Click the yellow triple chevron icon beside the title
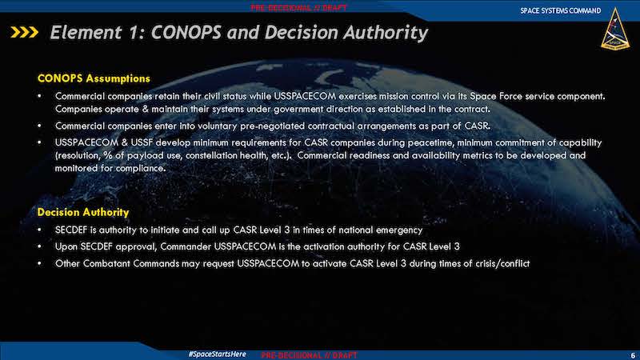[25, 32]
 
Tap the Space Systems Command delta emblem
[614, 29]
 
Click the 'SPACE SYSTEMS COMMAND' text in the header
[561, 10]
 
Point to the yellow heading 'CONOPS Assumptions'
[94, 78]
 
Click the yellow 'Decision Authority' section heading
[83, 212]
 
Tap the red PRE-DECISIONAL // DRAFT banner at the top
[298, 8]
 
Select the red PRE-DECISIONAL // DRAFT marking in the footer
[309, 355]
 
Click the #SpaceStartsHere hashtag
[217, 354]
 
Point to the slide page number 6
[633, 355]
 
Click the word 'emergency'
[398, 230]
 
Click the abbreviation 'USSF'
[142, 143]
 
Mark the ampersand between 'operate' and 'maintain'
[145, 110]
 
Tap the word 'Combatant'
[107, 264]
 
